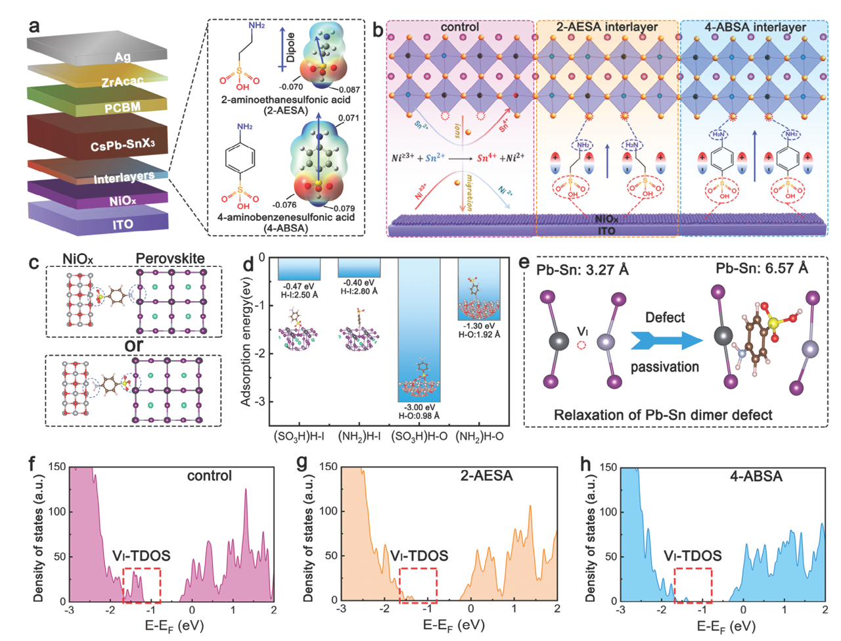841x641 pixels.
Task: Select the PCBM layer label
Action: tap(122, 107)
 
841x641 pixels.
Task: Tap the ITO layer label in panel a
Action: tap(122, 224)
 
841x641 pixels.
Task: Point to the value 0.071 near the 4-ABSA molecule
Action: tap(349, 118)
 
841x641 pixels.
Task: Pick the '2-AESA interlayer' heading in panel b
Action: tap(606, 28)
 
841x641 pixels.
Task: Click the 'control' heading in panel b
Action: tap(460, 28)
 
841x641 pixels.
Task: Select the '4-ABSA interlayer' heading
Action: tap(755, 28)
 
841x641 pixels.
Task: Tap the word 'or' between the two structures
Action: tap(134, 344)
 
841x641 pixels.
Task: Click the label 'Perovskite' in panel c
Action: tap(170, 258)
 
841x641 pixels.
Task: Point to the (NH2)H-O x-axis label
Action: tap(480, 435)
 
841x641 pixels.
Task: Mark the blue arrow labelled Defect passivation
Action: tap(664, 341)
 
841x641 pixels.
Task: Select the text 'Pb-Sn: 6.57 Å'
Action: tap(761, 268)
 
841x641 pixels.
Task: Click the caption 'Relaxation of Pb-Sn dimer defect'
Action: tap(663, 415)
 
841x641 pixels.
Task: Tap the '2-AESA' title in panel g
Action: tap(486, 475)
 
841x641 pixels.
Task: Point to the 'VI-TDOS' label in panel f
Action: tap(141, 556)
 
